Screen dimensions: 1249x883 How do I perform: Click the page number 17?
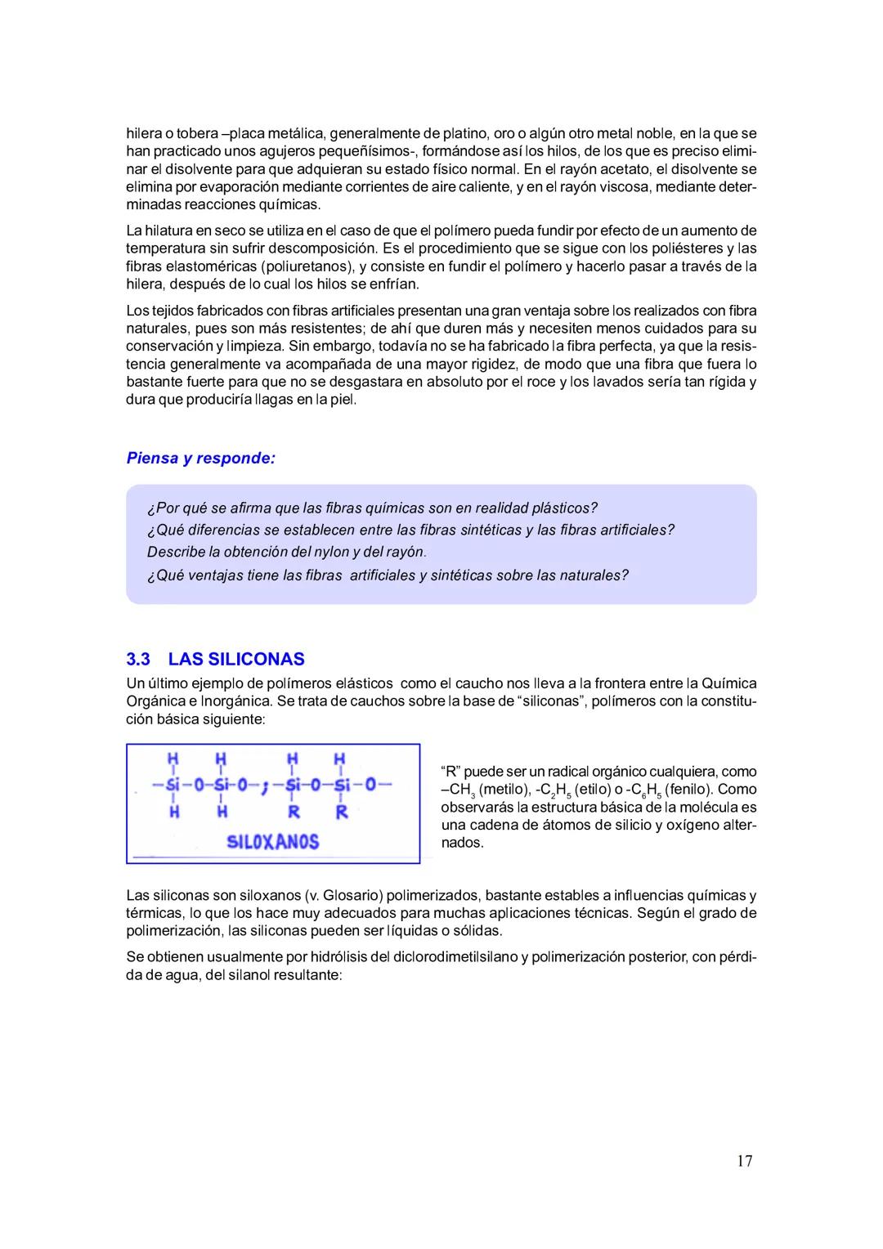(744, 1161)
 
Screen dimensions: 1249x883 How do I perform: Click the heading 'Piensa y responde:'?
(200, 458)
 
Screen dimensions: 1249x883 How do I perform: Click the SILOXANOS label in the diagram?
(272, 841)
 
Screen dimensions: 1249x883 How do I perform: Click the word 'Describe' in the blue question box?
(173, 552)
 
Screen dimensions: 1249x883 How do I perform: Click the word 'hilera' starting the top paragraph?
(143, 133)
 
